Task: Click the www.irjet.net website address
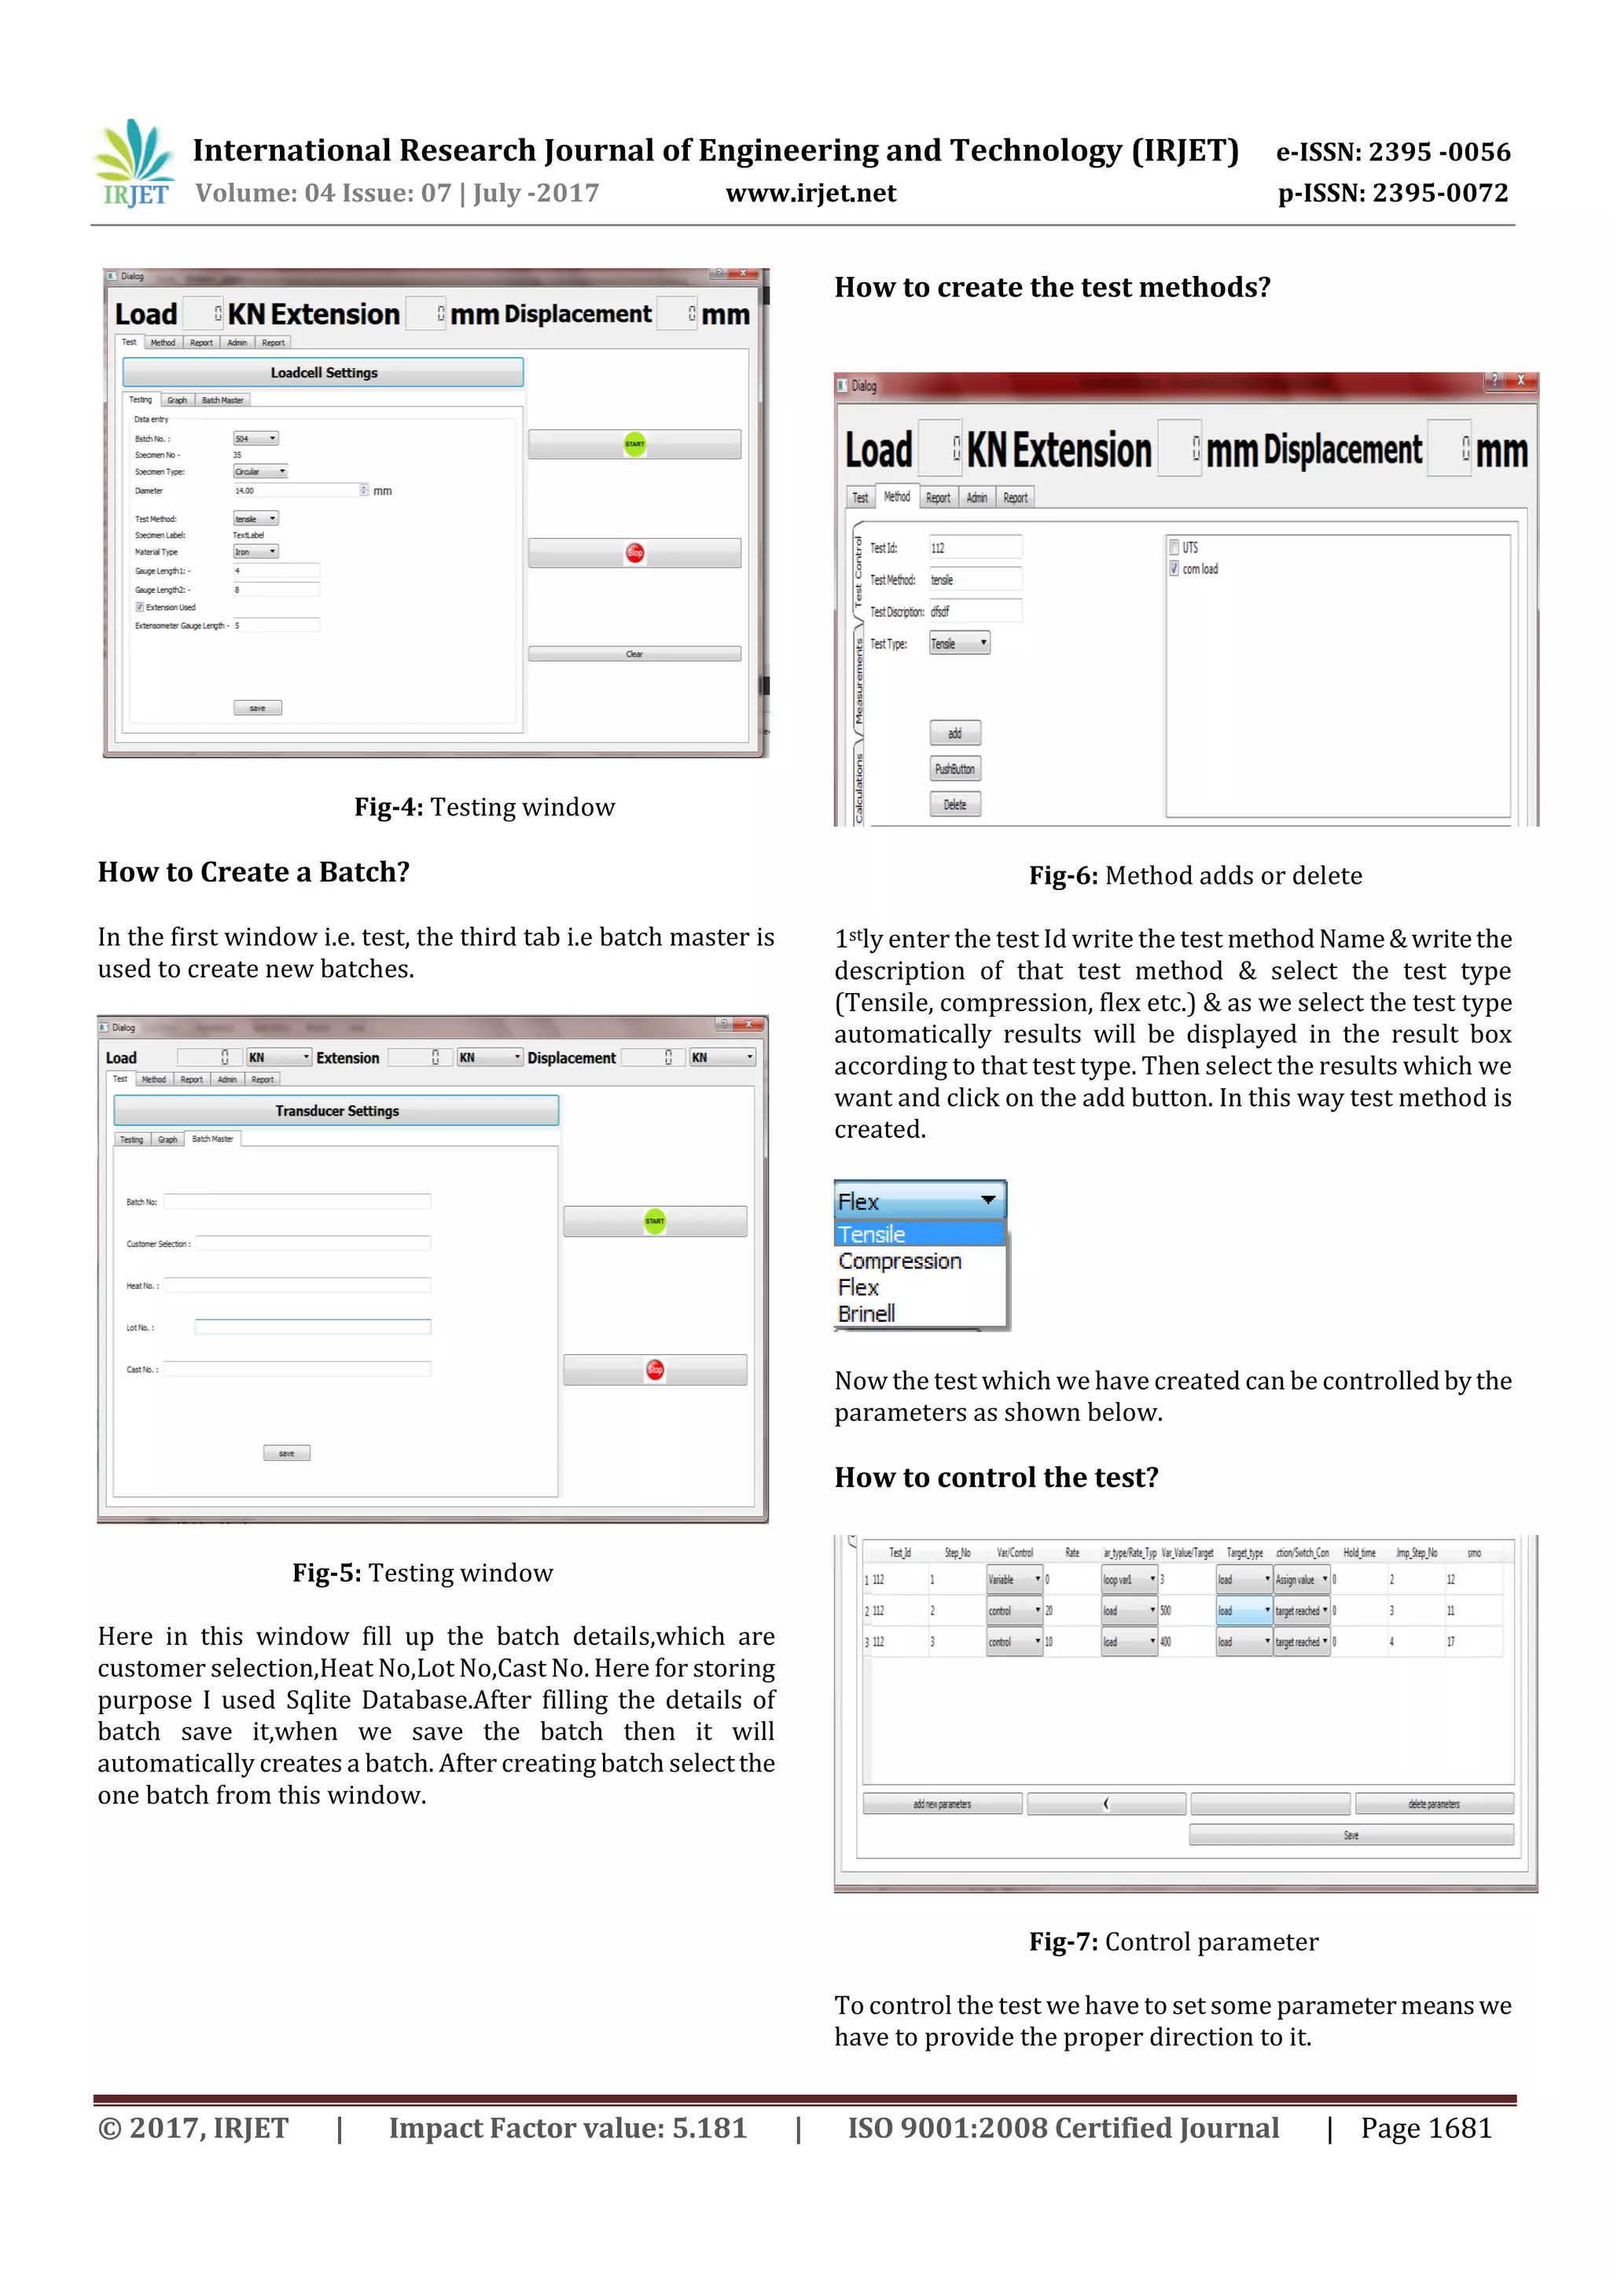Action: coord(811,193)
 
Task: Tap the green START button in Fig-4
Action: coord(635,444)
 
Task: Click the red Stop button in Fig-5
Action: coord(655,1370)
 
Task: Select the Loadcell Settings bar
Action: coord(323,373)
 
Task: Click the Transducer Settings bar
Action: coord(336,1111)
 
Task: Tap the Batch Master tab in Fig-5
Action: coord(212,1139)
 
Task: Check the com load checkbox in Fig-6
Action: coord(1174,569)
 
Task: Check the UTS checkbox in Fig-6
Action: coord(1174,547)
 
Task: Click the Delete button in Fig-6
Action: coord(954,804)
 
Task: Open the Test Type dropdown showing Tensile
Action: coord(959,644)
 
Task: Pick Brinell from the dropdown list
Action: coord(866,1314)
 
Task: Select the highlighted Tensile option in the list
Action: coord(872,1235)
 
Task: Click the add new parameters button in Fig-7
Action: coord(942,1804)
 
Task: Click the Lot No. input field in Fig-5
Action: coord(312,1327)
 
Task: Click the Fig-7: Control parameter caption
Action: coord(1174,1941)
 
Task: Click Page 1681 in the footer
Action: coord(1425,2128)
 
